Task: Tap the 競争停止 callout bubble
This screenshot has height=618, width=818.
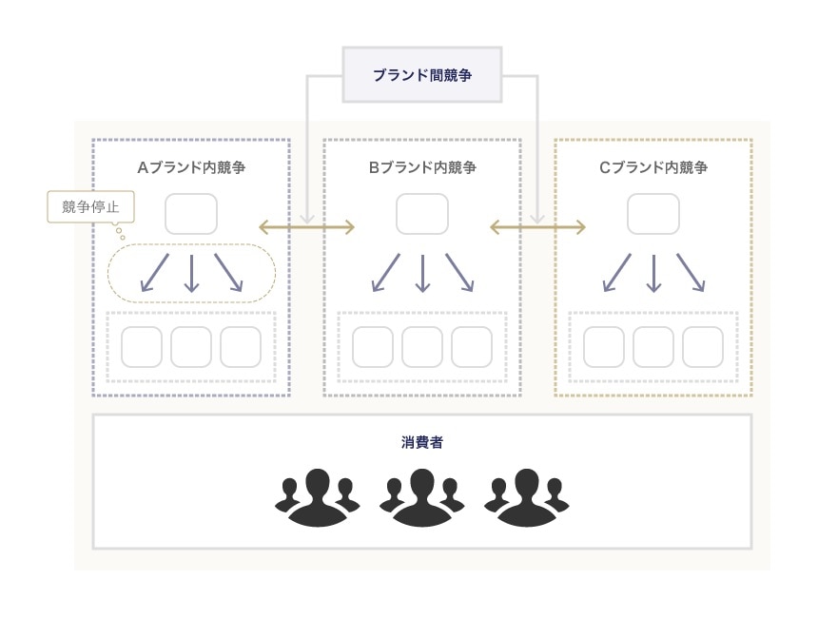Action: (x=90, y=206)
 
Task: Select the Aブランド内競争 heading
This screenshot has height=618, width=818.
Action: (x=191, y=168)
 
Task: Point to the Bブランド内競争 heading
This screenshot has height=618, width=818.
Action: (x=422, y=168)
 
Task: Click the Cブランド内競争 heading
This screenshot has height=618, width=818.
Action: (x=653, y=168)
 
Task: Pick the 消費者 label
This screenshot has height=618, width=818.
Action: (x=421, y=442)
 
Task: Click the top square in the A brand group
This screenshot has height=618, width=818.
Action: (x=191, y=214)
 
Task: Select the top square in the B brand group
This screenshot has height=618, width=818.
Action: (x=422, y=214)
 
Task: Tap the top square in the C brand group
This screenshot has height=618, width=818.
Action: (x=653, y=214)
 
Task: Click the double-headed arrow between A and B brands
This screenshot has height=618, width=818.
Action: (x=307, y=226)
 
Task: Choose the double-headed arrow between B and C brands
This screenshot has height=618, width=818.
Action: (x=537, y=226)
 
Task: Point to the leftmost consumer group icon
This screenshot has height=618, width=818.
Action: (x=318, y=496)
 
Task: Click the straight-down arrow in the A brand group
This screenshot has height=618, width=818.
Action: (x=191, y=272)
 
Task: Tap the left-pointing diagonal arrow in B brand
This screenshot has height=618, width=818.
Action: (x=385, y=272)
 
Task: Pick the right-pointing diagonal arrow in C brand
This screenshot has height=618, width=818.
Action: (x=691, y=272)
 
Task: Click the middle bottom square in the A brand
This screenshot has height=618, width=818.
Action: (x=191, y=347)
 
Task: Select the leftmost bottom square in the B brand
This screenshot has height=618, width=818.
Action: (x=373, y=347)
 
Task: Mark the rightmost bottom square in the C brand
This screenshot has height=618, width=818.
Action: (x=703, y=347)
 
